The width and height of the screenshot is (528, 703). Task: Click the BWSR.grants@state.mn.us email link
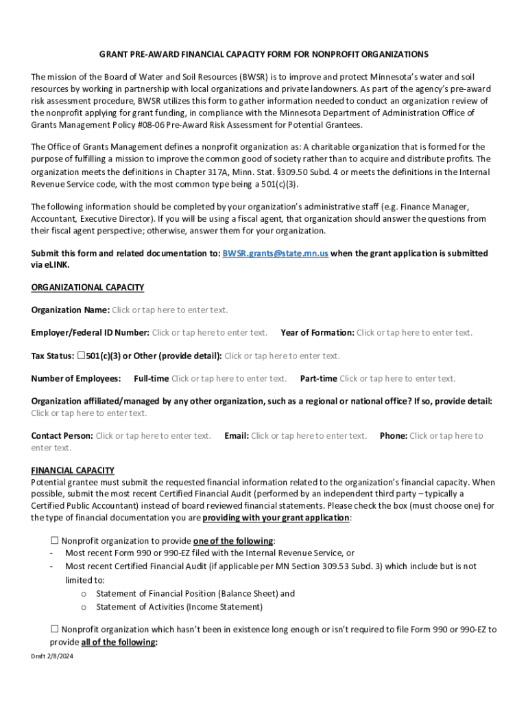pos(276,253)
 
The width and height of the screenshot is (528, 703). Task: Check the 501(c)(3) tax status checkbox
pos(81,356)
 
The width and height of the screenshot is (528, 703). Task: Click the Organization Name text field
pos(170,310)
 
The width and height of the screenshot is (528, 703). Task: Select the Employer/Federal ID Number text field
pos(210,333)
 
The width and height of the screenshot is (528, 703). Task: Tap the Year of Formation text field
pos(414,333)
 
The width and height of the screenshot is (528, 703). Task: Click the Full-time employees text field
pos(229,378)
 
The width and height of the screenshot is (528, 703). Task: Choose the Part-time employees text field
pos(397,378)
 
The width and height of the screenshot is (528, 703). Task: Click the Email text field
pos(309,435)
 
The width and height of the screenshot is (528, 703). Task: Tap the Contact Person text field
pos(153,435)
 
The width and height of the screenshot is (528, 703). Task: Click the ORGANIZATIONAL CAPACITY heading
pos(87,287)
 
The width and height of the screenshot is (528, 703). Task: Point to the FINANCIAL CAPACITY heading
pos(73,470)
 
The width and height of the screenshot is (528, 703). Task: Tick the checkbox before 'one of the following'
pos(55,540)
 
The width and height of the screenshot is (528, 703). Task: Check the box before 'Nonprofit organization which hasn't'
pos(55,629)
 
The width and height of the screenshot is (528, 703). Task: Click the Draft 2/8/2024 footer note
pos(52,656)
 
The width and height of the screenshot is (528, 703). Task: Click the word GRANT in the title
pos(115,54)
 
